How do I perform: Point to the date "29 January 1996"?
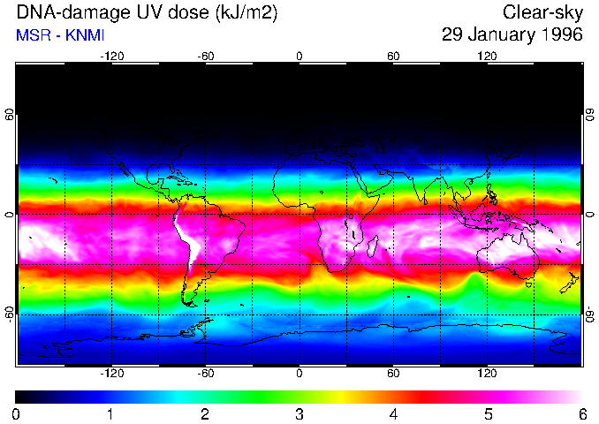tap(512, 35)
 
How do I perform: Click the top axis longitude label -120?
tap(111, 56)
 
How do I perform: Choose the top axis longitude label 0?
tap(299, 56)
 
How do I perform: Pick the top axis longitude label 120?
tap(487, 56)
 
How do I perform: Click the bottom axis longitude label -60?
tap(205, 374)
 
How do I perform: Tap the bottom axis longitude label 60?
tap(393, 374)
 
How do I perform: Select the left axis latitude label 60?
tap(10, 115)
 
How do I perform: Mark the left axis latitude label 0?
tap(10, 215)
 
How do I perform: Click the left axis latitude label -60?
tap(10, 314)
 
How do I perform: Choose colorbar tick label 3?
tap(299, 414)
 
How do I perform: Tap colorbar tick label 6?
tap(581, 414)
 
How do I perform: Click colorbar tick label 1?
tap(110, 414)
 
